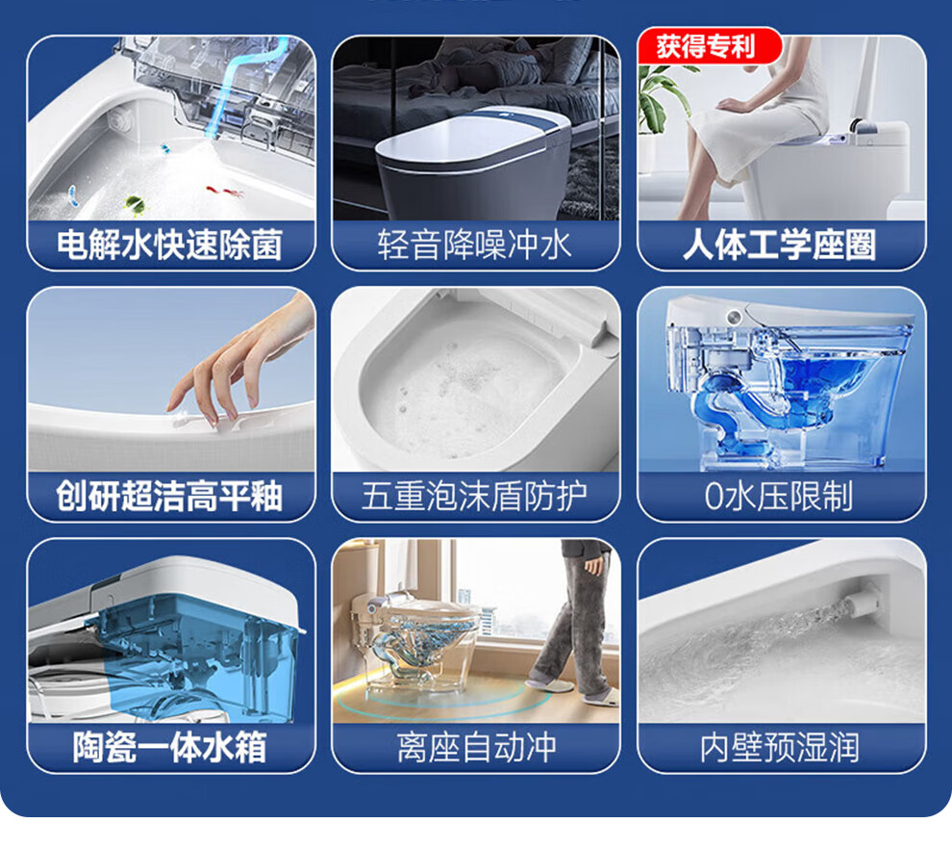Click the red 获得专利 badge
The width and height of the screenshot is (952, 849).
point(709,46)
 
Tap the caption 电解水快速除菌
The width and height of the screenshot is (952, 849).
point(170,244)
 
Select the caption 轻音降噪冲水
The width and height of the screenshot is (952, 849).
point(475,244)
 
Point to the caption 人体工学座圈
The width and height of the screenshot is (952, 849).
point(780,244)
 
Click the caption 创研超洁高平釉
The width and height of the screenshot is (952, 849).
point(169,496)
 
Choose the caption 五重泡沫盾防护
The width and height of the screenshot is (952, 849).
point(475,496)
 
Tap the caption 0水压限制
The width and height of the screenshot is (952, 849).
point(779,496)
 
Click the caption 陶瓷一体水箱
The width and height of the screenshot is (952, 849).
point(170,747)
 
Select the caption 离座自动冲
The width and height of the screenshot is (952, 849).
point(476,747)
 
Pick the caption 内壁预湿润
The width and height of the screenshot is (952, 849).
point(780,747)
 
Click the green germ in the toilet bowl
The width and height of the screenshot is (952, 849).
point(135,205)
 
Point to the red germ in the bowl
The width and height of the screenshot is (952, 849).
point(225,192)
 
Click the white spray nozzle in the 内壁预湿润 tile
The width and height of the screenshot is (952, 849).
point(864,601)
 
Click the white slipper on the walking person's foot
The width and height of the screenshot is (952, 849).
point(549,685)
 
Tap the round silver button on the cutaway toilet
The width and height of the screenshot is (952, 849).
point(735,317)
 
